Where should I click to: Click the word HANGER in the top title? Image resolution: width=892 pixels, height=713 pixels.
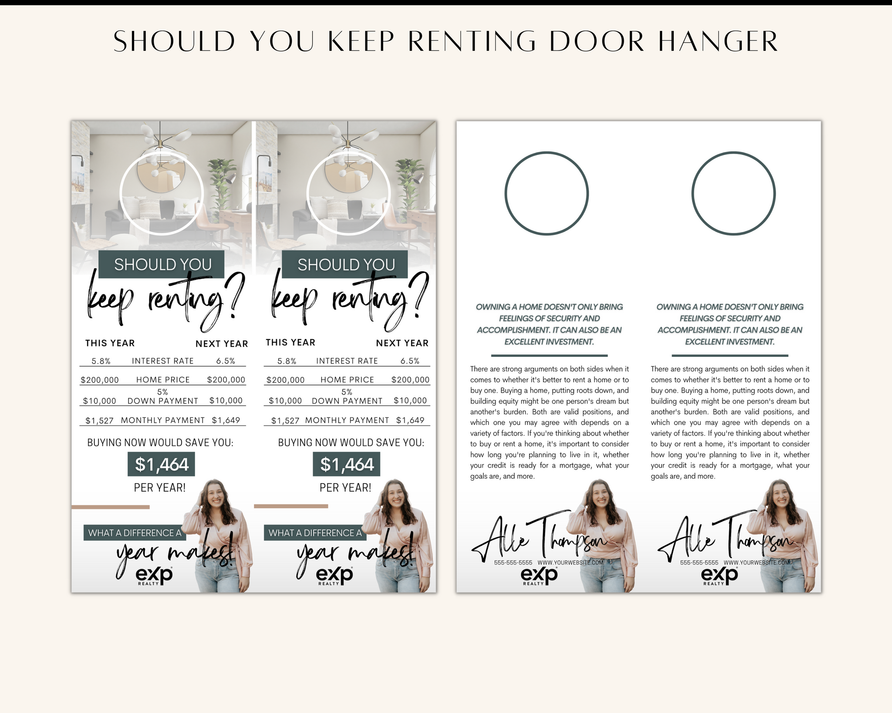tap(718, 42)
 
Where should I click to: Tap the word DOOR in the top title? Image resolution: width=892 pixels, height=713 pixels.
tap(596, 42)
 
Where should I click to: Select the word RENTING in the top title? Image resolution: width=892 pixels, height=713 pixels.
tap(472, 42)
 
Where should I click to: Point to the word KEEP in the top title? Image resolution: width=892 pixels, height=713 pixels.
tap(361, 42)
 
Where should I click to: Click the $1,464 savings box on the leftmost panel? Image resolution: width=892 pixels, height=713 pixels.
tap(161, 464)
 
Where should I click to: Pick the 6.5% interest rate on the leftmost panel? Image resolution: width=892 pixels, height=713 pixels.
tap(226, 361)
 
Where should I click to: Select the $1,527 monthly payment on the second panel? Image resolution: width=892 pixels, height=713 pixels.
tap(285, 420)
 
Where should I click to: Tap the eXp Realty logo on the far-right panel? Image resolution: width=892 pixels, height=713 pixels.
tap(720, 576)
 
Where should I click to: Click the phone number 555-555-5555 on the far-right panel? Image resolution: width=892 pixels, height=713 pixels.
tap(699, 563)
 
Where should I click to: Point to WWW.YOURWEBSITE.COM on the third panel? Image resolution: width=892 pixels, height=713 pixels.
tap(571, 562)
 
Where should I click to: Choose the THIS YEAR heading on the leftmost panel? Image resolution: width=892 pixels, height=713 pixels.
tap(110, 343)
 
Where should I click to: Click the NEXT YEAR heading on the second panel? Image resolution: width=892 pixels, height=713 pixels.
tap(402, 343)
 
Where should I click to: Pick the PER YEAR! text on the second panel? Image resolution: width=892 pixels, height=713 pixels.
tap(345, 488)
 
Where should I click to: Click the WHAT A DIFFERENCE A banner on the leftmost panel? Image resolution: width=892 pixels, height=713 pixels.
tap(135, 533)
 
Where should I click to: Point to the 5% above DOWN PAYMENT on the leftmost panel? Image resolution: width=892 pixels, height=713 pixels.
tap(162, 392)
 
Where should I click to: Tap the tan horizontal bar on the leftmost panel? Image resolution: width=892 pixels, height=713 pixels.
tap(111, 507)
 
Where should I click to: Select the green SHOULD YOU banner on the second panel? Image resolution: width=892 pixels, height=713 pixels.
tap(345, 264)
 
